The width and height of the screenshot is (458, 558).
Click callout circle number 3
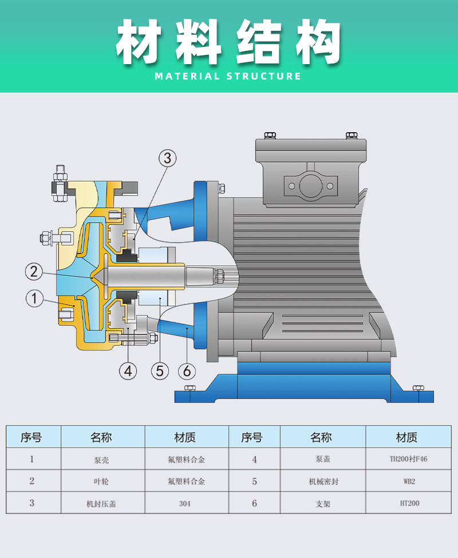coord(167,158)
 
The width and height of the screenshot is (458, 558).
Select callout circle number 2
coord(34,271)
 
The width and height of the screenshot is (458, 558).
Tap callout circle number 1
coord(34,298)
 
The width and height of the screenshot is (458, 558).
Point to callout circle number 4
coord(128,371)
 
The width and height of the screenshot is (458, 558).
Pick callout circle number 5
coord(160,371)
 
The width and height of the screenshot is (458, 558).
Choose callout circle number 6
coord(187,371)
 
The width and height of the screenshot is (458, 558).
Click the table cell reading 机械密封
coord(323,481)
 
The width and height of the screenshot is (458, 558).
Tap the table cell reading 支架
coord(323,504)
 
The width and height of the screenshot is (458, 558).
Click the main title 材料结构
coord(228,42)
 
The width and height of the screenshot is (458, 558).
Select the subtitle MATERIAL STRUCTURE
coord(228,76)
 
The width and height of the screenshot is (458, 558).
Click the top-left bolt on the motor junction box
coord(270,135)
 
